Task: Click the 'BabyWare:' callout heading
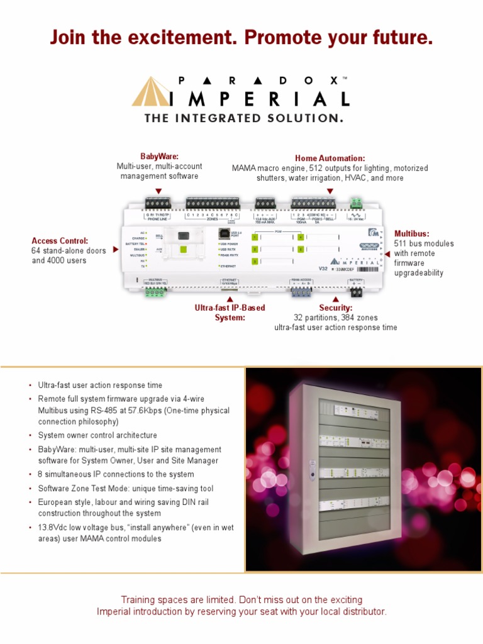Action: click(159, 156)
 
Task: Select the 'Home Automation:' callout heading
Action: click(330, 158)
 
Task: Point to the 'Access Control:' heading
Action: click(60, 240)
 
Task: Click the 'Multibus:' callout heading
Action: click(412, 233)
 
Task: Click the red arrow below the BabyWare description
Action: click(158, 191)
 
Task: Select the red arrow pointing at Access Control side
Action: click(115, 250)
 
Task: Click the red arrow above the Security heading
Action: click(335, 299)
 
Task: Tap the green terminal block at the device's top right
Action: click(356, 203)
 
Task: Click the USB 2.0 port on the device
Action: click(225, 233)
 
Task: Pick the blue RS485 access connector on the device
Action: click(301, 292)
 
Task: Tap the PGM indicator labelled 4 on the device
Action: click(300, 237)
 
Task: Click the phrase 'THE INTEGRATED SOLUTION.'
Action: click(244, 118)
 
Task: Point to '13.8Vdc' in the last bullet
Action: click(53, 528)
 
